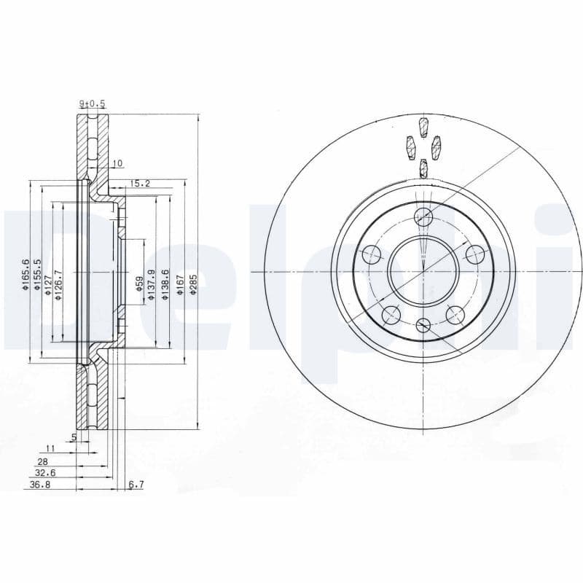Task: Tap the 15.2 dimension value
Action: [x=140, y=184]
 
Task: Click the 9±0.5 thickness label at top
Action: [x=93, y=104]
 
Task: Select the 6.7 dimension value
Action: [x=136, y=484]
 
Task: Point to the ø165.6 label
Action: [x=26, y=275]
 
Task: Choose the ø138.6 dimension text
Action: [x=166, y=283]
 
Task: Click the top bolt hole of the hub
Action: [x=423, y=217]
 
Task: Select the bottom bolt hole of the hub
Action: [x=423, y=326]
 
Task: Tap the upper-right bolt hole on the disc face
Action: [x=474, y=254]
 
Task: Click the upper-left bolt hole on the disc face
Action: [x=372, y=254]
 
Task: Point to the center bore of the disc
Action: [x=423, y=272]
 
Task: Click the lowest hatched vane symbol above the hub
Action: [x=423, y=168]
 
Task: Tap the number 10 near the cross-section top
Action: [x=119, y=163]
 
